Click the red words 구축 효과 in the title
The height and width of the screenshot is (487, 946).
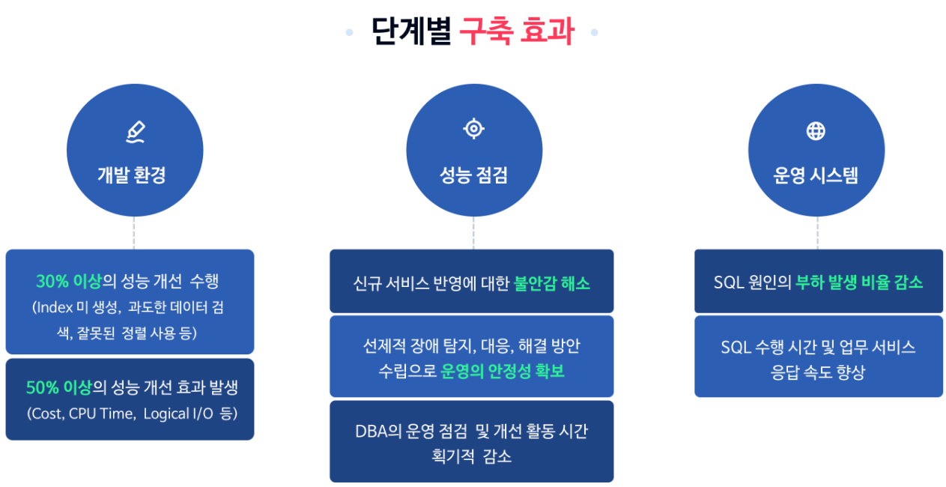[517, 31]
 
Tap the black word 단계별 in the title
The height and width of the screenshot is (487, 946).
[412, 31]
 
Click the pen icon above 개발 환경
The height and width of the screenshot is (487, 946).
[136, 132]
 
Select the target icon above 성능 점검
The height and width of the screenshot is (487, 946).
[474, 128]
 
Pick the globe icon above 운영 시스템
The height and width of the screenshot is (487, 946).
[816, 131]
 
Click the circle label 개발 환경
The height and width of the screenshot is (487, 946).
[132, 175]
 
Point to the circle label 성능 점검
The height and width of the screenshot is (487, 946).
[473, 175]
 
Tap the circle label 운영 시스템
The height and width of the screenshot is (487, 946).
[816, 175]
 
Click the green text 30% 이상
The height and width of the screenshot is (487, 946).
[69, 281]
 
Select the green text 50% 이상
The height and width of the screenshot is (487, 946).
[58, 387]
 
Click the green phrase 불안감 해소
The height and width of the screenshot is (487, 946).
[552, 283]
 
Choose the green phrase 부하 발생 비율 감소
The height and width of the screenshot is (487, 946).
[859, 282]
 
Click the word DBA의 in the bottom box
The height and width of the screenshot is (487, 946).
[378, 432]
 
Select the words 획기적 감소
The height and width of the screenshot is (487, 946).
[472, 456]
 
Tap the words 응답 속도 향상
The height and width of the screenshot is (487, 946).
[818, 372]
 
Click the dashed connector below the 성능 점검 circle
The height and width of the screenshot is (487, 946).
[473, 233]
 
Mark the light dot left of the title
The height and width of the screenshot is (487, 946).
[349, 32]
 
